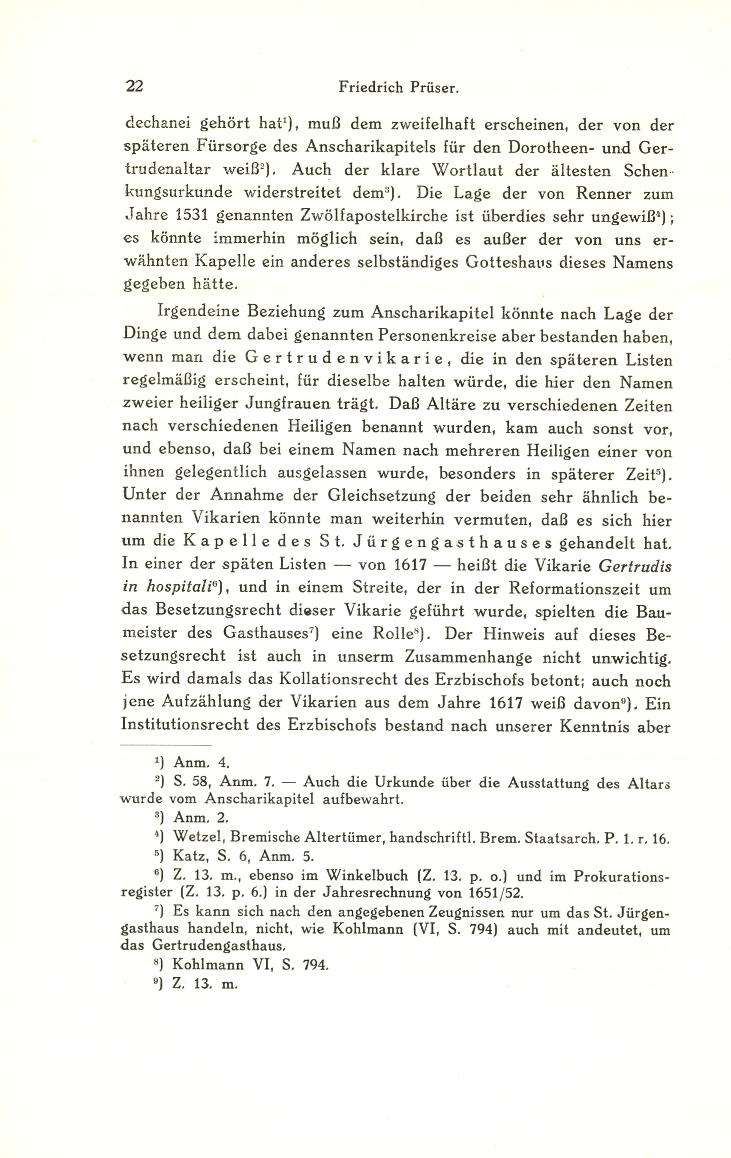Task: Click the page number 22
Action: coord(134,86)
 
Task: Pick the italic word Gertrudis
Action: coord(635,566)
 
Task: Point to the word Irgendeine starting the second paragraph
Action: coord(198,312)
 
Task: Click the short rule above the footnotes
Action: coord(166,745)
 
